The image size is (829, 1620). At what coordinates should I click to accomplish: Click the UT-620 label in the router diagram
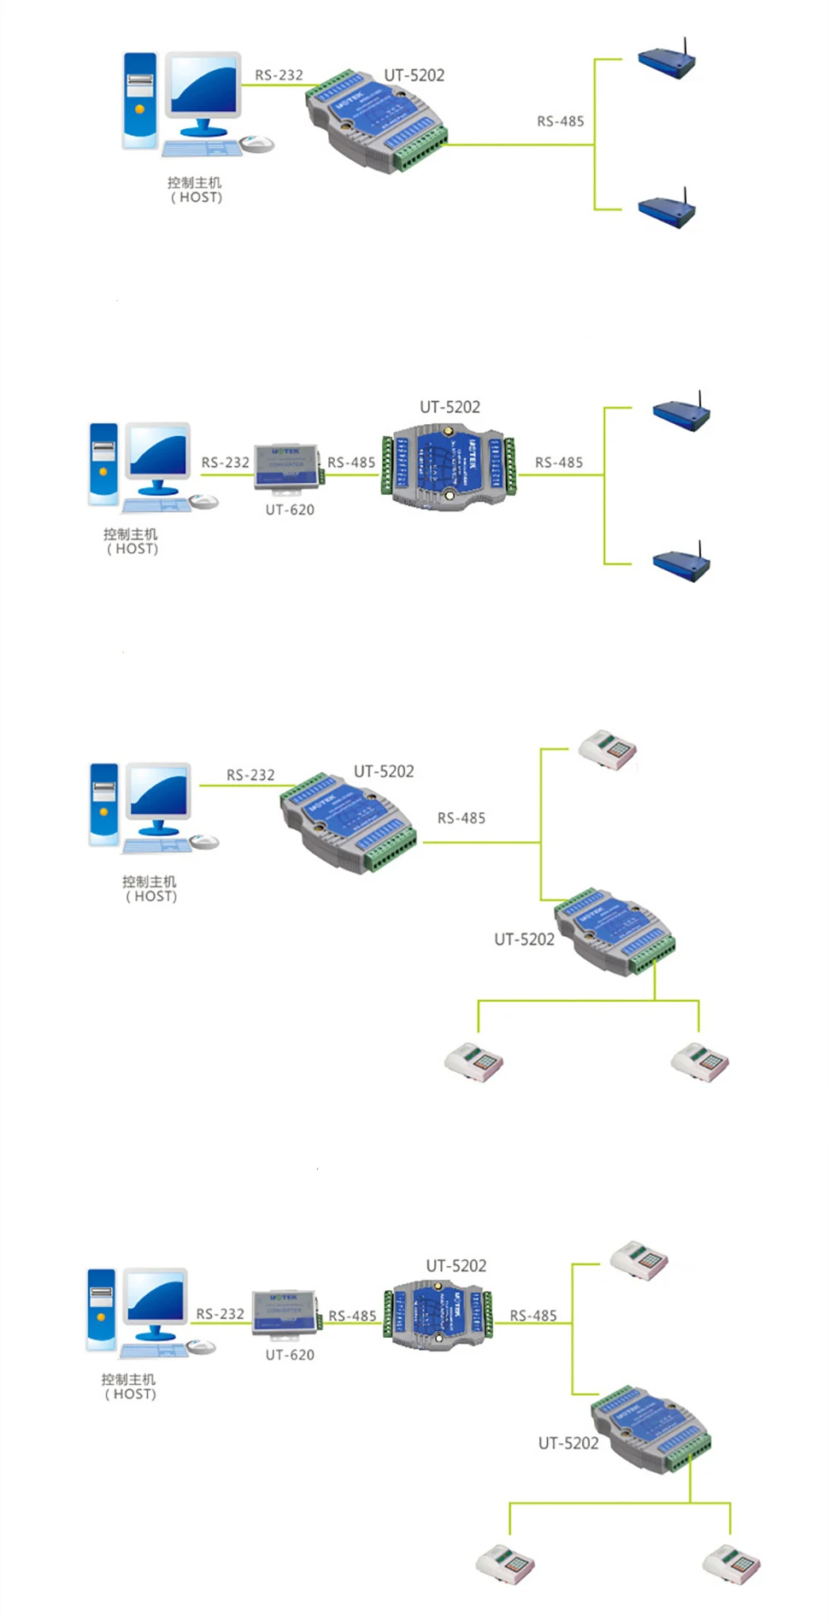click(290, 510)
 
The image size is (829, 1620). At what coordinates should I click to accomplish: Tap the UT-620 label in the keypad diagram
click(290, 1355)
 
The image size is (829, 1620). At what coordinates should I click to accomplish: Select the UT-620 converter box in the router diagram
click(287, 468)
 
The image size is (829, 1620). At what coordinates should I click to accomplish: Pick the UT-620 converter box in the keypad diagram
click(285, 1312)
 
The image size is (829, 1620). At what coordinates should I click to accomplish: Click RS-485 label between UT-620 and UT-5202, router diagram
click(351, 462)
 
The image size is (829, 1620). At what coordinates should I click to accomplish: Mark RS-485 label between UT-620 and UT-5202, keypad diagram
click(352, 1317)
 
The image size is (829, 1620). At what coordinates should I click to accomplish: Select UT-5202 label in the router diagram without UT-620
click(414, 75)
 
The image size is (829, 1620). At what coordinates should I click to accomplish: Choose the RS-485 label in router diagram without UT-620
click(561, 121)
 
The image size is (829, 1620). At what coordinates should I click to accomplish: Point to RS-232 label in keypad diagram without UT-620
click(250, 775)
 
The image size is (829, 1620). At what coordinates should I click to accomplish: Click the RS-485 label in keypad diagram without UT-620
click(462, 818)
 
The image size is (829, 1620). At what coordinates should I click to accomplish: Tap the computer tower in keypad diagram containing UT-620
click(101, 1311)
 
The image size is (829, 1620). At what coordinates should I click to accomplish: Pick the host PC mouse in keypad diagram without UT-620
click(204, 842)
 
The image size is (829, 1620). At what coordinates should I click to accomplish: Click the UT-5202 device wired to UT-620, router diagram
click(450, 468)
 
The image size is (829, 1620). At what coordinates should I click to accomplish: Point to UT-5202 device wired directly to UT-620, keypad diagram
click(438, 1314)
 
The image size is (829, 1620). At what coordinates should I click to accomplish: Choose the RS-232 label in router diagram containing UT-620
click(226, 462)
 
